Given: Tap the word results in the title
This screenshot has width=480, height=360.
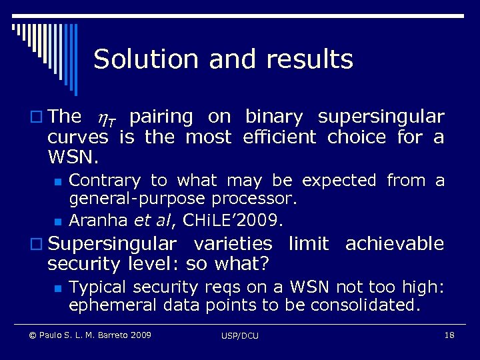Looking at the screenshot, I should (x=309, y=60).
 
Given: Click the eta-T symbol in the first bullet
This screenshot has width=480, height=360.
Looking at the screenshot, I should (x=105, y=119).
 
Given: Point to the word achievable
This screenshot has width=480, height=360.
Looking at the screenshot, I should (x=394, y=244).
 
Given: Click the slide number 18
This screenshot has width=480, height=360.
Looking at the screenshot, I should (x=449, y=335).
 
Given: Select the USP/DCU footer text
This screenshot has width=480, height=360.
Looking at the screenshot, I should (x=240, y=335).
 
